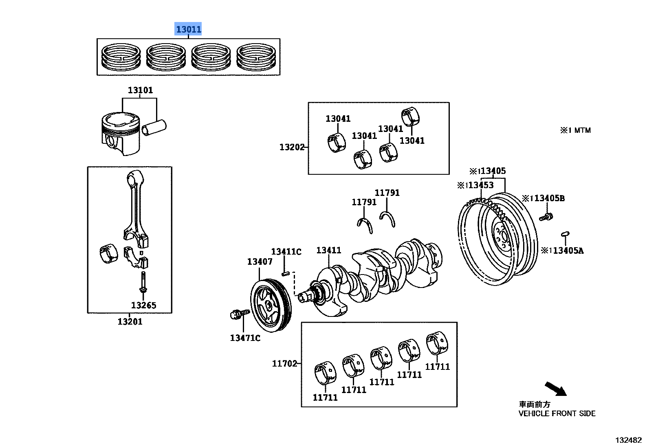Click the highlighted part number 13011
point(188,29)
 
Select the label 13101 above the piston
point(140,90)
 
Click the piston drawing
point(121,134)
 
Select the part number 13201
point(130,321)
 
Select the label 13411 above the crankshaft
point(328,250)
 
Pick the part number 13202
point(292,147)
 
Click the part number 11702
point(284,363)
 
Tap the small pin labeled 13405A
point(565,234)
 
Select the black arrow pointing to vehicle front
point(556,389)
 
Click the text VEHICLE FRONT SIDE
point(557,414)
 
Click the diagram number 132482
point(628,440)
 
